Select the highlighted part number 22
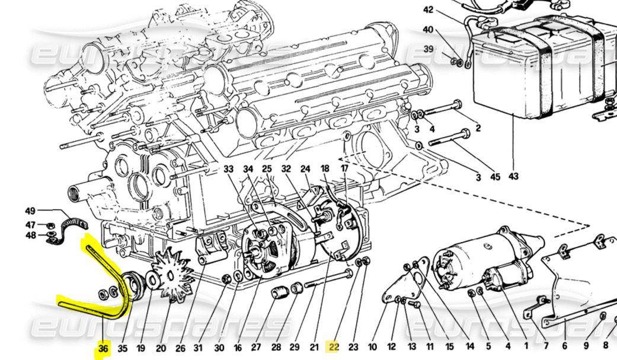click(x=333, y=348)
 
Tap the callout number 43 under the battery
click(x=513, y=176)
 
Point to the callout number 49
click(x=30, y=211)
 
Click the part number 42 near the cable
click(x=445, y=9)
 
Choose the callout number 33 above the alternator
click(x=229, y=169)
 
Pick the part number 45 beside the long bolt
click(x=495, y=176)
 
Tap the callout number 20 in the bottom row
click(x=161, y=348)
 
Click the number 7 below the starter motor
click(x=545, y=346)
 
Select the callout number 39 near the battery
click(x=429, y=49)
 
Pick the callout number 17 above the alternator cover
click(x=344, y=169)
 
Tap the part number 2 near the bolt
click(x=478, y=128)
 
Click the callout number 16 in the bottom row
click(x=238, y=348)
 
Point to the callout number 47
click(x=30, y=225)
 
